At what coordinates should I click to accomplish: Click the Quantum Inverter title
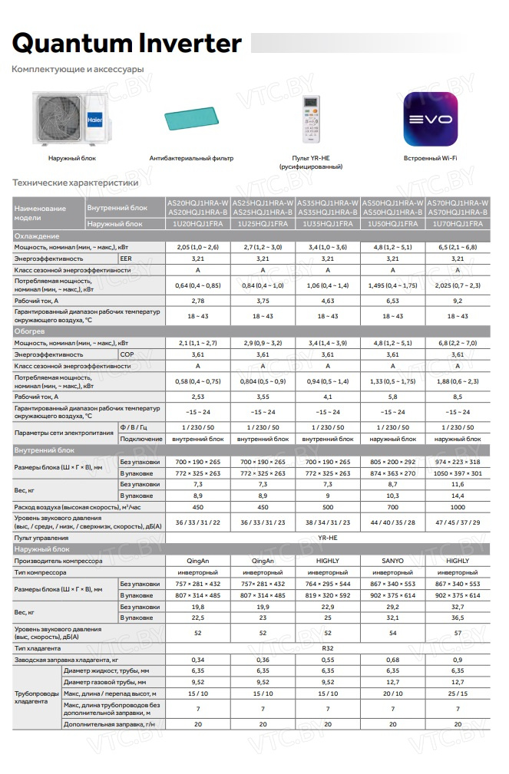coord(127,43)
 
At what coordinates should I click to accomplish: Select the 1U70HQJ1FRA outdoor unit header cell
coord(458,223)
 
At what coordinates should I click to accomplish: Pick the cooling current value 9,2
coord(458,301)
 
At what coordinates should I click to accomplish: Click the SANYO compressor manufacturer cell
coord(392,561)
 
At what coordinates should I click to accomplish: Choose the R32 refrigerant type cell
coord(327,648)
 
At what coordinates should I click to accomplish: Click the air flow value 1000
coord(458,507)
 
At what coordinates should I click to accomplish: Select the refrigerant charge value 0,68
coord(392,660)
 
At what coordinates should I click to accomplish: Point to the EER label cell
coord(126,259)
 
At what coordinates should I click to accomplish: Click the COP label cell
coord(127,355)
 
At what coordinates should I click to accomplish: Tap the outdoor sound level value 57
coord(458,633)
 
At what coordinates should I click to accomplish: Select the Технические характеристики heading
coord(74,183)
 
